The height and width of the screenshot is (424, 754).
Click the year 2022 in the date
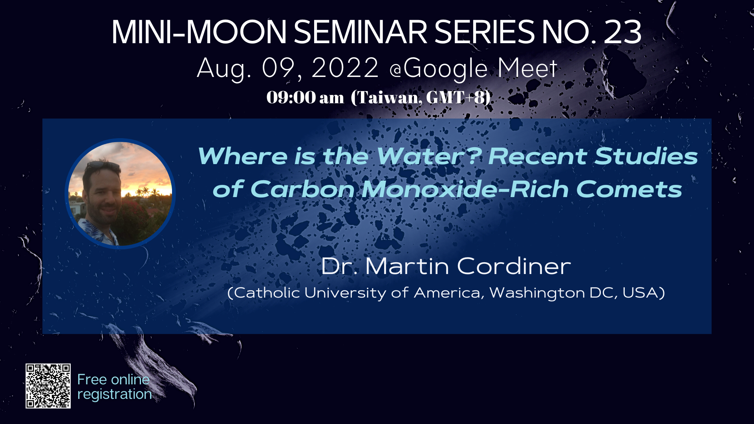coord(345,68)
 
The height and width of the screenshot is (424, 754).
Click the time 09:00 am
coord(305,97)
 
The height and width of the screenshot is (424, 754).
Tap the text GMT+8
coord(456,97)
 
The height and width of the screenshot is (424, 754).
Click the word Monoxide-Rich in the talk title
coord(465,189)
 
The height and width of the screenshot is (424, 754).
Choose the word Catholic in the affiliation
coord(267,292)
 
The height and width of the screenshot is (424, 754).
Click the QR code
coord(48,386)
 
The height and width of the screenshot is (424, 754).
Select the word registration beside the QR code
coord(114,394)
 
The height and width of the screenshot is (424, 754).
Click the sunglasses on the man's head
coord(103,166)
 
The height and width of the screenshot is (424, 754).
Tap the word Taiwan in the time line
coord(387,98)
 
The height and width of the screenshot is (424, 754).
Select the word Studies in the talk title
coord(646,156)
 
